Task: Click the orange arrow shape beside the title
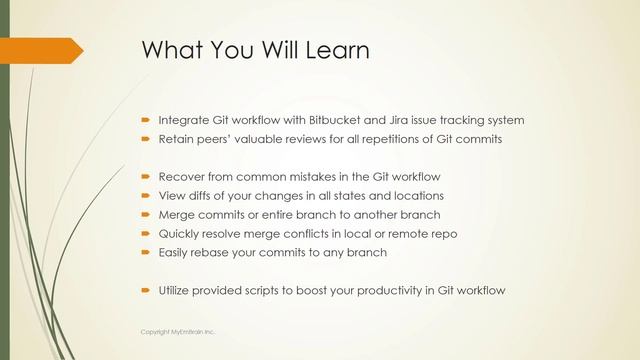pos(40,49)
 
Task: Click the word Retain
pos(177,139)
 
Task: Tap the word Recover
pos(182,177)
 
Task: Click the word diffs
pos(203,196)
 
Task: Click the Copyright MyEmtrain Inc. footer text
pos(177,330)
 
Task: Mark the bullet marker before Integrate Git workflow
pos(145,120)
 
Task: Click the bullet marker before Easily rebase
pos(145,253)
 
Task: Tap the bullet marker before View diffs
pos(145,196)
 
